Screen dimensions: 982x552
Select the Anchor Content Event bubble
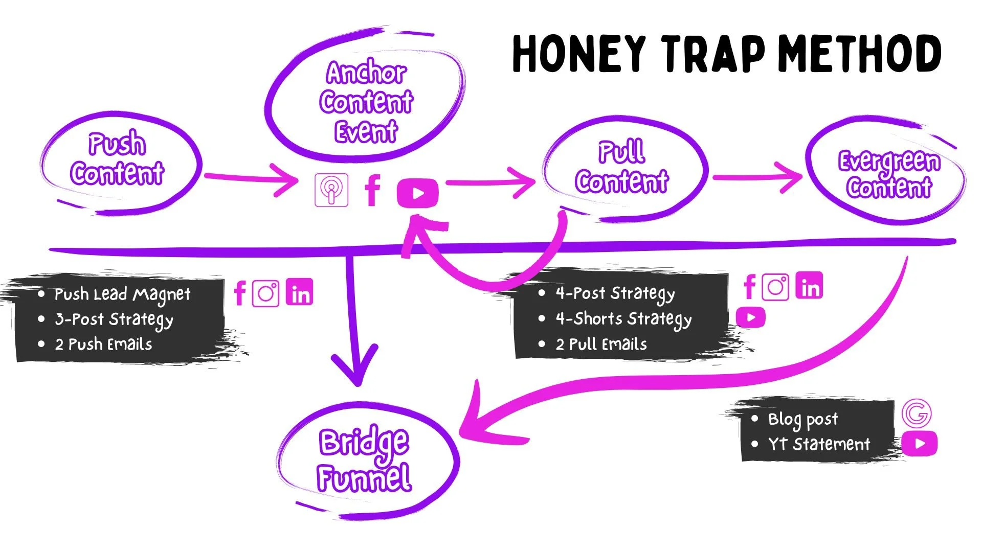coord(366,101)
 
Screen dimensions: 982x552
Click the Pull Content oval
coord(622,168)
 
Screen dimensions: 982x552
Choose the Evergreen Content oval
coord(889,174)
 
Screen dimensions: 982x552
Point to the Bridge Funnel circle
coord(364,460)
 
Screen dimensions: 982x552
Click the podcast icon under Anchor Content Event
coord(331,190)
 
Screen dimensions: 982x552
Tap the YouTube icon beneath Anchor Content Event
coord(417,193)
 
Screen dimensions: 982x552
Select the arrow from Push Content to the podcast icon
coord(251,178)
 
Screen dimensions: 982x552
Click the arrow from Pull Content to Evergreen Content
coord(757,177)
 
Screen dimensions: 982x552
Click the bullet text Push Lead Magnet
coord(122,294)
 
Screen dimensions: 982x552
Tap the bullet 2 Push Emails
coord(103,344)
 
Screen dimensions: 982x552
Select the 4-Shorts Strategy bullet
coord(623,319)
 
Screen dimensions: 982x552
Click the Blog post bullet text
coord(803,419)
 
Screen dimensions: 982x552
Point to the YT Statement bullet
coord(818,444)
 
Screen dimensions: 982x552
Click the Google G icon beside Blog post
coord(916,413)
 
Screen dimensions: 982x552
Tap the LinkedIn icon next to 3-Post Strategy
coord(300,293)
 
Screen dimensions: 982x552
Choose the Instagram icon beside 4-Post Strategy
coord(775,287)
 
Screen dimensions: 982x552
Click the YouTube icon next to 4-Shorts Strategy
coord(751,317)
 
